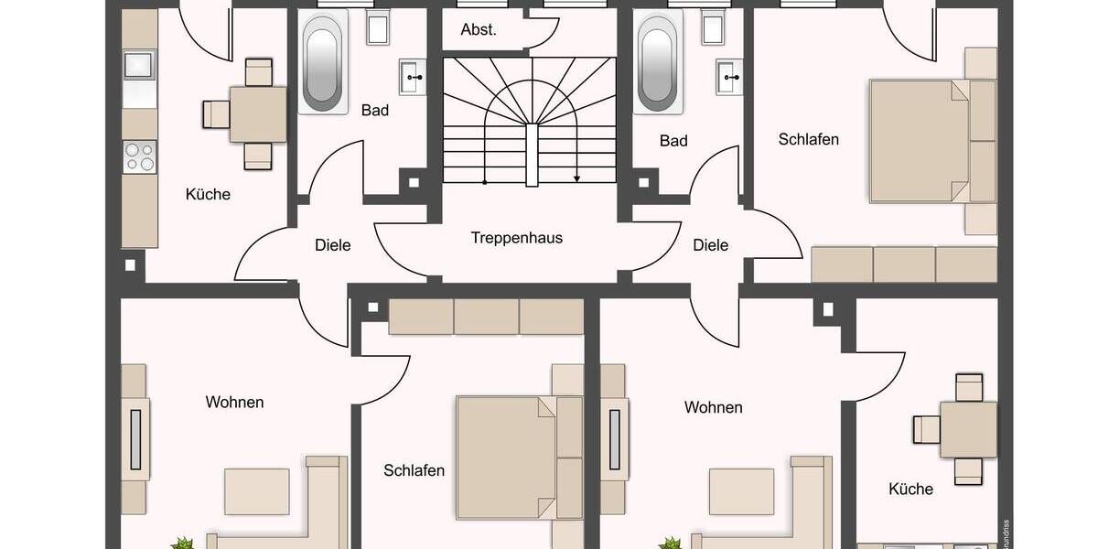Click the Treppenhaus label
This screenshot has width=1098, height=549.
tap(516, 238)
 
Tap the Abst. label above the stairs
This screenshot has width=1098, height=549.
tap(479, 29)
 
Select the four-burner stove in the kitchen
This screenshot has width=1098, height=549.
tap(140, 156)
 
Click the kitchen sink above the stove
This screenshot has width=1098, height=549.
tap(139, 65)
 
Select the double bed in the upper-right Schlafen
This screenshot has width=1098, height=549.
tap(920, 141)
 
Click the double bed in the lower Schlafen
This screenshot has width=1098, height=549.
tap(506, 457)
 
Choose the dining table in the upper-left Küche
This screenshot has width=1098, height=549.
tap(258, 113)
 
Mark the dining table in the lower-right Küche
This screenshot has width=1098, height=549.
tap(968, 429)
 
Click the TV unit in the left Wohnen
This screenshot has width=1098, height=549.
tap(136, 439)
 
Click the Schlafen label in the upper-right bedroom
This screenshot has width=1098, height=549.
tap(808, 140)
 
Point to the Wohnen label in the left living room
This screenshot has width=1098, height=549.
tap(234, 402)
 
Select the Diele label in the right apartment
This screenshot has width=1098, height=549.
tap(710, 245)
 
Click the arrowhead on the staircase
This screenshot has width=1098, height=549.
tap(577, 179)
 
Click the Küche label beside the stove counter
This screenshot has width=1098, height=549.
tap(208, 194)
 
